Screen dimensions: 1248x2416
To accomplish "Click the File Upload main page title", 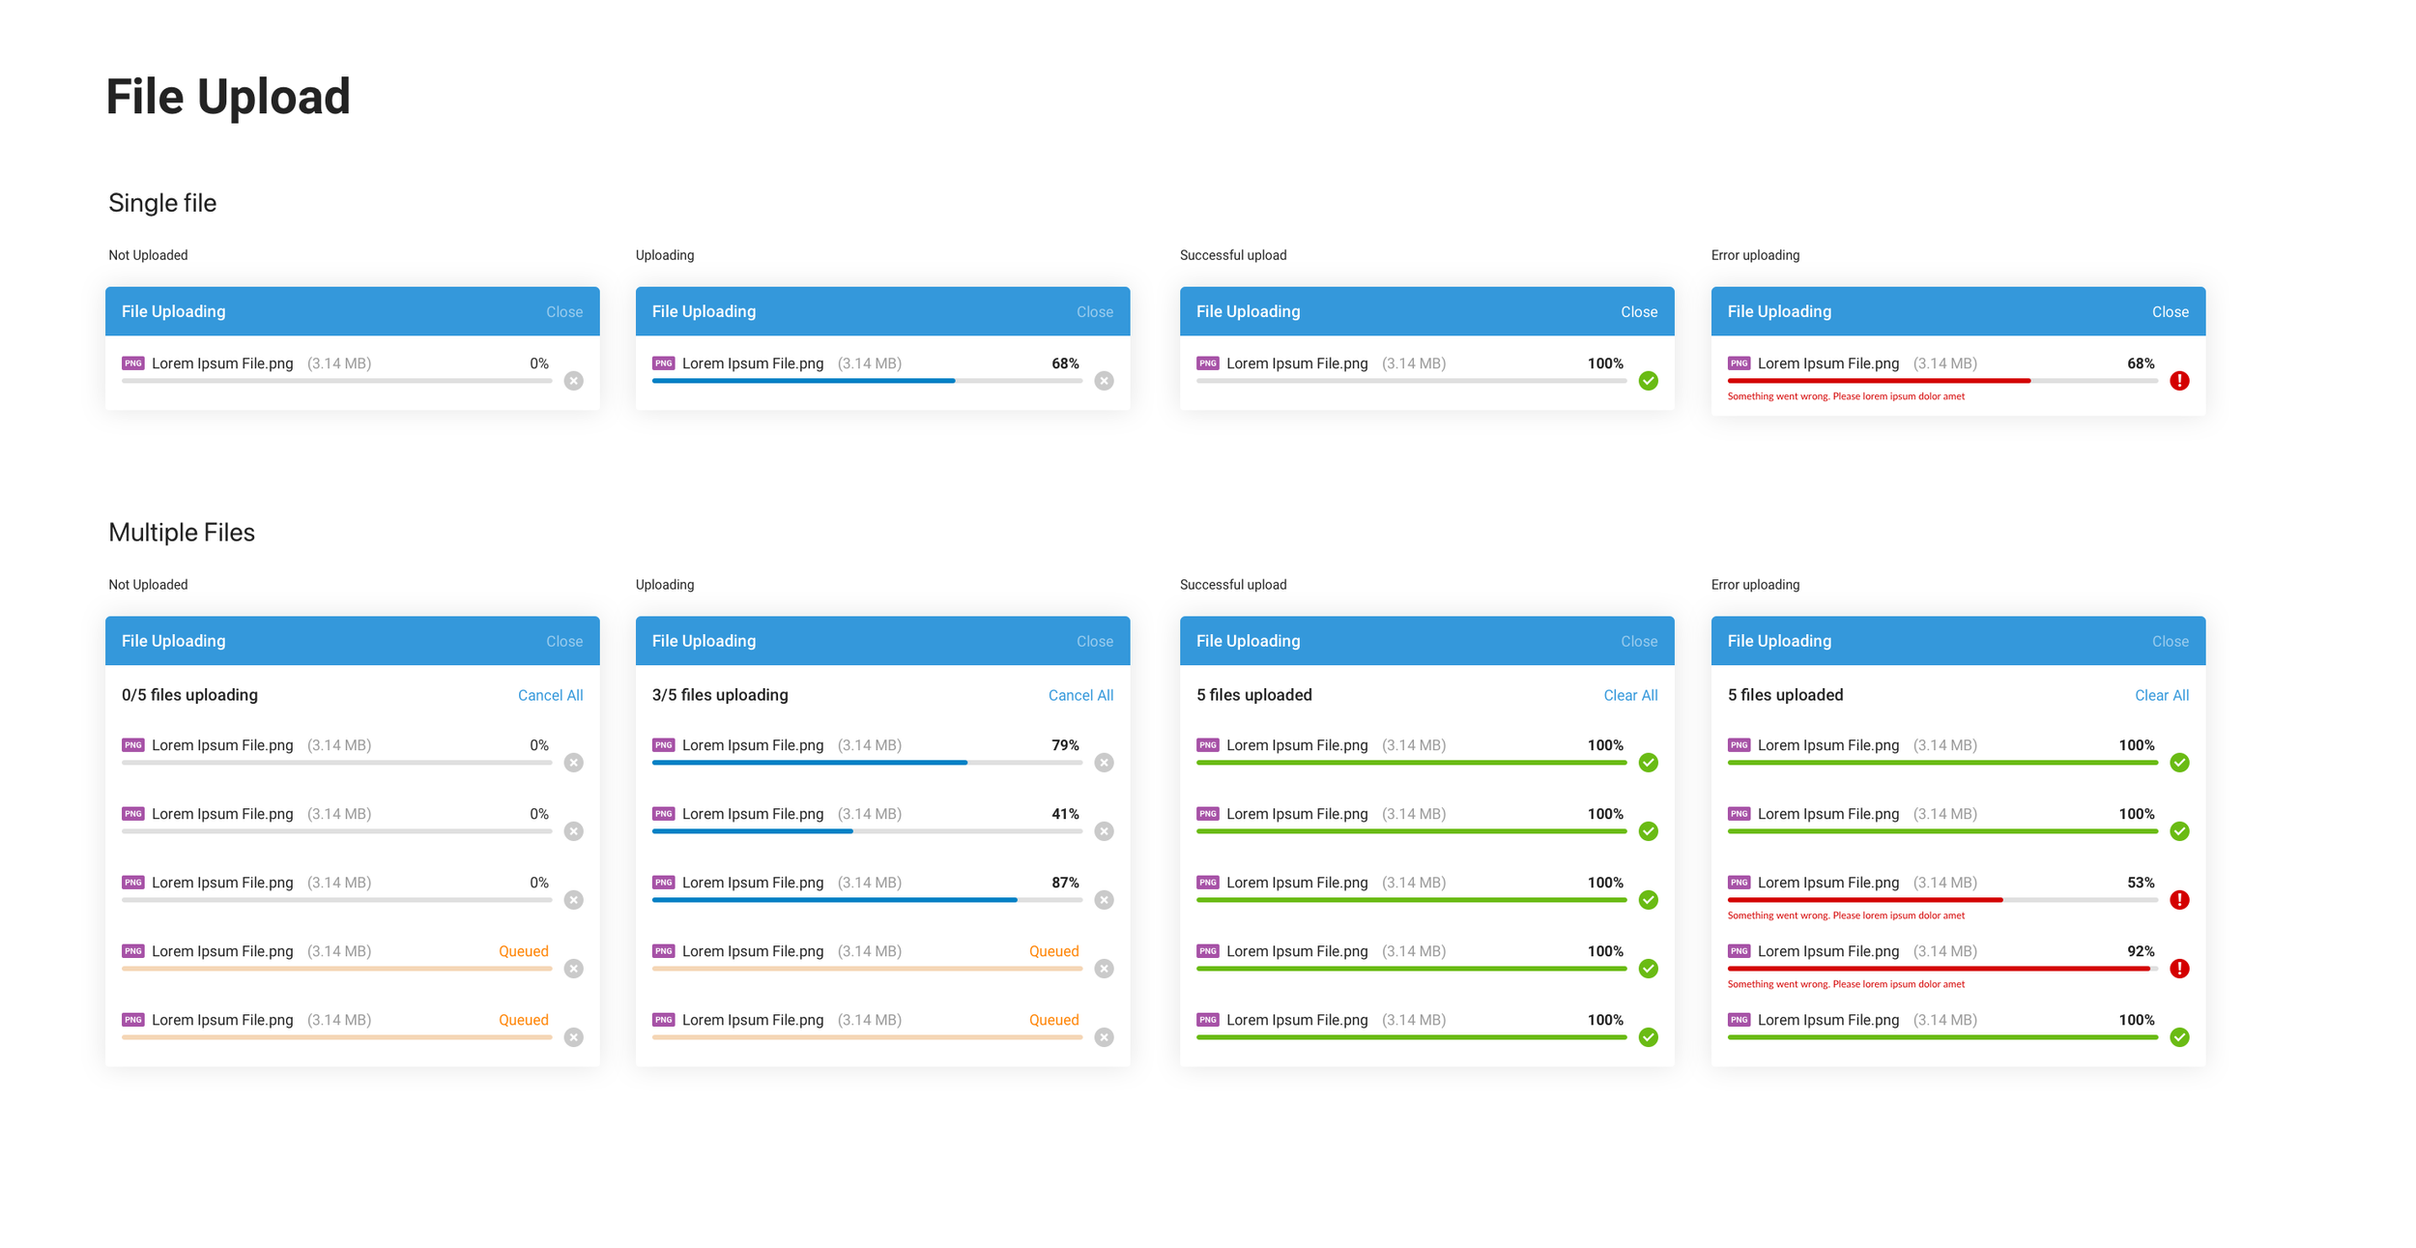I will [x=228, y=97].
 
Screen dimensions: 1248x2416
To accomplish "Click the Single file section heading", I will [x=162, y=203].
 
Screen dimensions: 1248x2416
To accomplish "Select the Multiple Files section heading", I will [x=182, y=533].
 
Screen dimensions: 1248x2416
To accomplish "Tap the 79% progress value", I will [x=1065, y=745].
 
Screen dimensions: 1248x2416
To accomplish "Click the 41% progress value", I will [x=1065, y=814].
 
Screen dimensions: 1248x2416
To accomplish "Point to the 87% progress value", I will [x=1065, y=883].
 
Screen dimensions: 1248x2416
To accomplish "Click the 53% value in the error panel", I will [x=2141, y=883].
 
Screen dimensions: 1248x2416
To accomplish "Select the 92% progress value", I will [x=2141, y=951].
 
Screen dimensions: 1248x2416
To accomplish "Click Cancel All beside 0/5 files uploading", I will [x=550, y=695].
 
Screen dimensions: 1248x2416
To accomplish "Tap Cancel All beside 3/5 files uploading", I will [x=1080, y=695].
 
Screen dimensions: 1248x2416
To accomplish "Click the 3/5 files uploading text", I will [x=720, y=695].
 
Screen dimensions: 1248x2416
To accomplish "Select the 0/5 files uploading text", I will [x=189, y=695].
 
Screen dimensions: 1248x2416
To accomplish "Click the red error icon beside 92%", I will [x=2179, y=969].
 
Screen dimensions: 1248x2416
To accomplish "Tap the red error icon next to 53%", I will [x=2179, y=900].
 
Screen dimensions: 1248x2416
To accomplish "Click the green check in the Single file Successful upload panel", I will [x=1649, y=381].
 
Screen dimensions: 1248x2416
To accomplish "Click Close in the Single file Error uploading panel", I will [x=2170, y=312].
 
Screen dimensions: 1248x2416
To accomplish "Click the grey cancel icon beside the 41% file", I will [x=1104, y=831].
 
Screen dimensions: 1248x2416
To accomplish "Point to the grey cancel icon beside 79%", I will [x=1104, y=763].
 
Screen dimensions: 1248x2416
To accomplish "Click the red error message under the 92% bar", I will [x=1846, y=984].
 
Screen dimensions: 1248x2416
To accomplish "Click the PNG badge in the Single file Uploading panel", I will [x=663, y=363].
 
